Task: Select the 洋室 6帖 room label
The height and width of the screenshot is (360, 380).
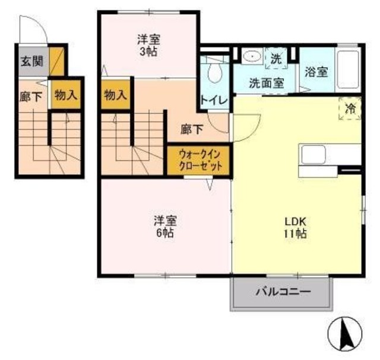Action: [x=164, y=227]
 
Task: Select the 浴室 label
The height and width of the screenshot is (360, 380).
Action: [x=316, y=72]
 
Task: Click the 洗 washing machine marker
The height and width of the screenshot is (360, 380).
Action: [x=275, y=58]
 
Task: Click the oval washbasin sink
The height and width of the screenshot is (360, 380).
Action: [x=252, y=57]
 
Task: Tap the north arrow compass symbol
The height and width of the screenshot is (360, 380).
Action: [x=346, y=336]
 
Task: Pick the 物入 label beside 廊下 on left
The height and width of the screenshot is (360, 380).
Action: [x=65, y=95]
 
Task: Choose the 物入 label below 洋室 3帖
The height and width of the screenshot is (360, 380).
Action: [x=115, y=95]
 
